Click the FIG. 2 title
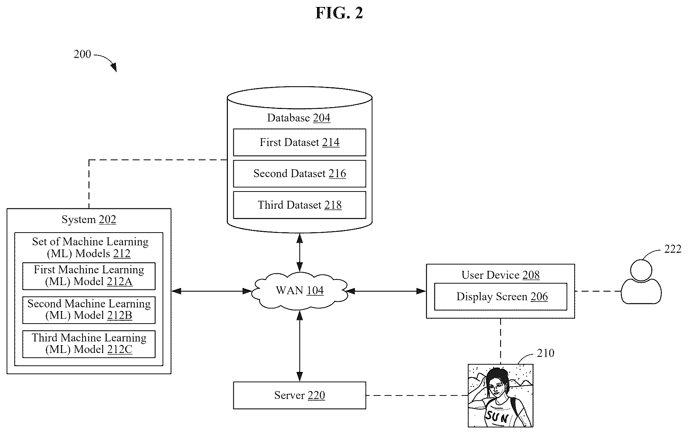(339, 13)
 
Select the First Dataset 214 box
(299, 142)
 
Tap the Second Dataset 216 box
(299, 174)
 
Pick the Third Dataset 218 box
(299, 205)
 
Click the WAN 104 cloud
(300, 291)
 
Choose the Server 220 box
(299, 395)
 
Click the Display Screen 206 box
(500, 296)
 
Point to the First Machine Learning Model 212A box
(89, 276)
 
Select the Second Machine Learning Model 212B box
(89, 310)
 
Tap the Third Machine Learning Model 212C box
(89, 344)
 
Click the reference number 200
(82, 54)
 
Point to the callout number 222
(673, 249)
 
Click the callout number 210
(546, 353)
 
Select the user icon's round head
(641, 270)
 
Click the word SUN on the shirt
(497, 417)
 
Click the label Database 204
(299, 118)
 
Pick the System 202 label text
(89, 219)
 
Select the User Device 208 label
(500, 275)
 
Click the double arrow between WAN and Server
(300, 346)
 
